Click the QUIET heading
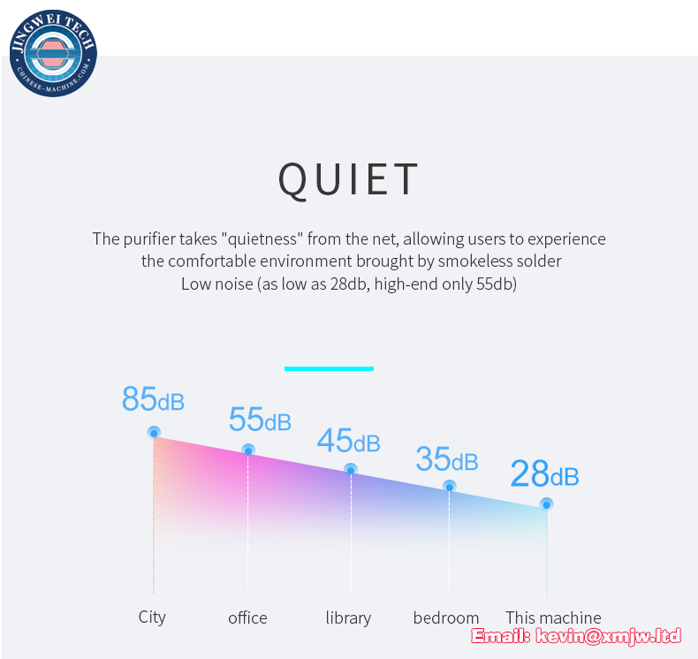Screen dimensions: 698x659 click(x=348, y=178)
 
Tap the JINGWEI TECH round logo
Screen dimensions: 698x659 click(x=53, y=53)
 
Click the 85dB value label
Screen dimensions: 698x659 click(x=153, y=398)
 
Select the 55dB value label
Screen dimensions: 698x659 click(x=260, y=419)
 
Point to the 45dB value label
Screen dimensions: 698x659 click(x=348, y=441)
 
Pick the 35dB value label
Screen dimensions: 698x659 click(x=447, y=458)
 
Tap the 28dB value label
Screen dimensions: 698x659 click(x=545, y=473)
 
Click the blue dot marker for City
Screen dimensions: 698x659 click(x=154, y=433)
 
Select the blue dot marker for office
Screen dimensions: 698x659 click(x=248, y=451)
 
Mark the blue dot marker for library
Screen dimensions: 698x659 click(x=351, y=470)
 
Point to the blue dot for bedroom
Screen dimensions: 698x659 click(x=450, y=488)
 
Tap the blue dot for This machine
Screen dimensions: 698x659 click(x=547, y=505)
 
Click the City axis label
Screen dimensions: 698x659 click(x=152, y=617)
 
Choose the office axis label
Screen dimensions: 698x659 click(x=247, y=617)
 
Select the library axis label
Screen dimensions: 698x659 click(x=348, y=618)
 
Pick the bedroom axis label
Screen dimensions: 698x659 click(x=446, y=617)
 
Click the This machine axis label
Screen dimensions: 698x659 click(x=553, y=617)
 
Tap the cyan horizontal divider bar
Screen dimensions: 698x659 click(x=329, y=368)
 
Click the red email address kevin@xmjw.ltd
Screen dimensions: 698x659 click(x=608, y=636)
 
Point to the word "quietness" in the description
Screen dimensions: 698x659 click(x=262, y=239)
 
